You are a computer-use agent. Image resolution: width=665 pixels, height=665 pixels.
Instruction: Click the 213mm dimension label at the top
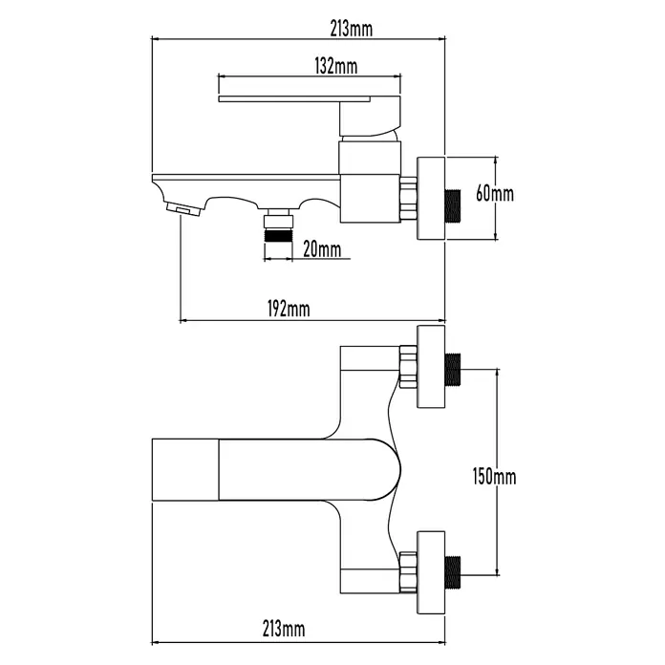coord(352,29)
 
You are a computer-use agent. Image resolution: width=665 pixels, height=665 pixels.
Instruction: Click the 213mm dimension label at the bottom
coord(284,628)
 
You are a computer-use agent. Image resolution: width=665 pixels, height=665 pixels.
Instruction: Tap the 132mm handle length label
coord(336,66)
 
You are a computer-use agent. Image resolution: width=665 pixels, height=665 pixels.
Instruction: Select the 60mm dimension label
coord(495,193)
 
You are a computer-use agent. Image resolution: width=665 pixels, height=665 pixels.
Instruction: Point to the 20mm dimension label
coord(322,249)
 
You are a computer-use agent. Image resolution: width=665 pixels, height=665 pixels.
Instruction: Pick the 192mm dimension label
coord(289,309)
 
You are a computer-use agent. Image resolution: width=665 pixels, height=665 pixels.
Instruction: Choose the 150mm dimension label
coord(495,477)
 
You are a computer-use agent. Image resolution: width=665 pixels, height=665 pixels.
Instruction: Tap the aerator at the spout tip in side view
coord(183,209)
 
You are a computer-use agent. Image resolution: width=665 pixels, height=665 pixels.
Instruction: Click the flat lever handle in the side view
coord(294,98)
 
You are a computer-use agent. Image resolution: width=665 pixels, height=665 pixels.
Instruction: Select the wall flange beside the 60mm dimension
coord(431,199)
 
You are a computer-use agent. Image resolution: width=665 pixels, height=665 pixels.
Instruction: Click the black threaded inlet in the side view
coord(453,206)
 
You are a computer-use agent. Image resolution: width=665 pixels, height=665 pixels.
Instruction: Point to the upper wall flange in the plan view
coord(431,367)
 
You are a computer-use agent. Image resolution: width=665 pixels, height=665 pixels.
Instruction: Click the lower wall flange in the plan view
coord(431,572)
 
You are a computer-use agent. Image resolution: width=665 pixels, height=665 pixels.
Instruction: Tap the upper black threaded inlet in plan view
coord(453,370)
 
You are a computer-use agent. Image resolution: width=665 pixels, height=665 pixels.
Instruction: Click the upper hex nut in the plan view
coord(408,367)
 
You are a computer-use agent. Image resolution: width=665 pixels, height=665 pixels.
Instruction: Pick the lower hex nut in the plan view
coord(408,572)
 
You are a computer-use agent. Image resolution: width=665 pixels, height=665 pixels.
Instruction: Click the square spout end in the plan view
coord(185,469)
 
